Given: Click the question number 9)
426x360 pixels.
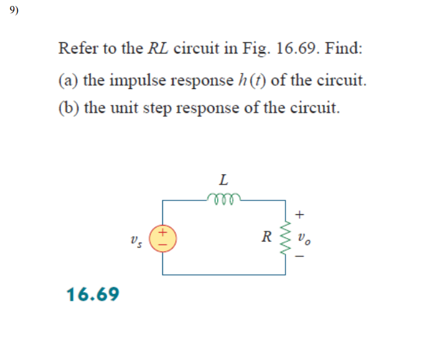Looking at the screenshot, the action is click(x=15, y=11).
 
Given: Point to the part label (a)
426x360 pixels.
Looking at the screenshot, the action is click(x=68, y=80).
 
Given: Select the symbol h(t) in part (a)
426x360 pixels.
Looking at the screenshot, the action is click(x=251, y=80).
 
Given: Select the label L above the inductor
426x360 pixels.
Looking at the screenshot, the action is click(x=224, y=179).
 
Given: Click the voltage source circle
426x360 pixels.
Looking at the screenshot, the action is click(x=162, y=236).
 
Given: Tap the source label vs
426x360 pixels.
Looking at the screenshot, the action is click(x=137, y=237).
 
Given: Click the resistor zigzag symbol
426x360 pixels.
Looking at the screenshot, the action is click(x=286, y=235).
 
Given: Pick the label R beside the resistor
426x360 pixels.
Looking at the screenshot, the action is click(x=266, y=235).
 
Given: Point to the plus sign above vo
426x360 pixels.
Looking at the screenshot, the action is click(x=301, y=214).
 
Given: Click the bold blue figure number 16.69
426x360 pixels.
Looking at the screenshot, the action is click(x=94, y=293).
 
